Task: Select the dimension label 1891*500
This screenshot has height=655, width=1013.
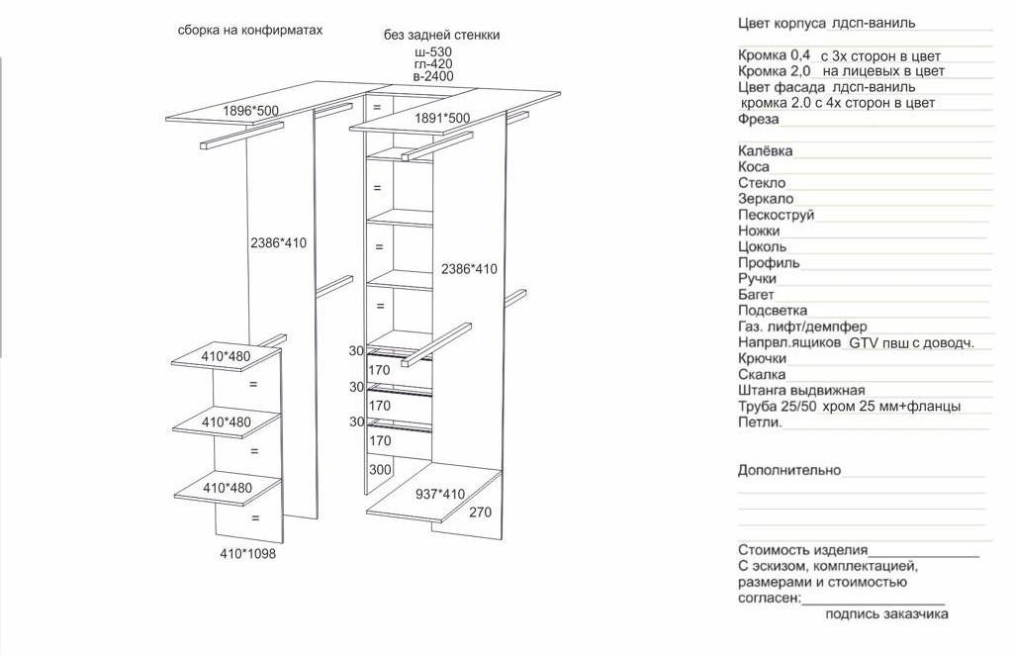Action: tap(442, 118)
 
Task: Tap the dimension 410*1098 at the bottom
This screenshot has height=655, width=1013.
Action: tap(247, 554)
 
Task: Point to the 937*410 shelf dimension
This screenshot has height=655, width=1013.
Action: tap(439, 494)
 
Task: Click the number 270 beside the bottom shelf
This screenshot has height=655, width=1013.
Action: tap(481, 513)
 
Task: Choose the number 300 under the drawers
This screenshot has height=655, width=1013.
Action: tap(381, 470)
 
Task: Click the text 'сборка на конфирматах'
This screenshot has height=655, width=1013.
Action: tap(250, 31)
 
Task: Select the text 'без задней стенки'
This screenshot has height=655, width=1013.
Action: tap(441, 35)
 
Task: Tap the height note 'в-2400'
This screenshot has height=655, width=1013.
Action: tap(433, 76)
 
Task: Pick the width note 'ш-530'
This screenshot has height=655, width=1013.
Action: tap(433, 50)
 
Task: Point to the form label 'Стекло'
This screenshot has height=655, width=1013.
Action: tap(762, 183)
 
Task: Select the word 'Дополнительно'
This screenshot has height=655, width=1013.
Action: tap(789, 470)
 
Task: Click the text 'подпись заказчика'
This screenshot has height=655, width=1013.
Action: tap(886, 613)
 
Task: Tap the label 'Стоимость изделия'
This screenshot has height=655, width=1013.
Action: tap(802, 550)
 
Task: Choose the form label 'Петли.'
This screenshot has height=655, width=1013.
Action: tap(760, 422)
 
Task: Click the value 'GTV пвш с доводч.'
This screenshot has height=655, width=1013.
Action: tap(911, 342)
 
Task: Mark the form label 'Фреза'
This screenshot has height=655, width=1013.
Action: tap(759, 120)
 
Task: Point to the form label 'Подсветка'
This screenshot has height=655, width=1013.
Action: tap(773, 311)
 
